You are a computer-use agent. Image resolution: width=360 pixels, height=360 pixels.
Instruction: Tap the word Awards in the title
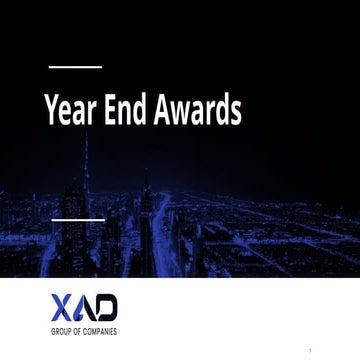(x=195, y=111)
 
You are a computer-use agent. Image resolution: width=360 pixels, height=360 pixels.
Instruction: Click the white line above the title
(x=75, y=66)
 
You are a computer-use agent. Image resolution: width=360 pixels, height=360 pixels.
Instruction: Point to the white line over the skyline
(x=78, y=217)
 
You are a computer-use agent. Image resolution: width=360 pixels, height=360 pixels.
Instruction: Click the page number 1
(x=312, y=351)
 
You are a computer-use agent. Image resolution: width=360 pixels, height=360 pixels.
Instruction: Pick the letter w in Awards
(x=178, y=113)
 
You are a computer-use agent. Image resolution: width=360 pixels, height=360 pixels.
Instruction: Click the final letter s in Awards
(x=236, y=113)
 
